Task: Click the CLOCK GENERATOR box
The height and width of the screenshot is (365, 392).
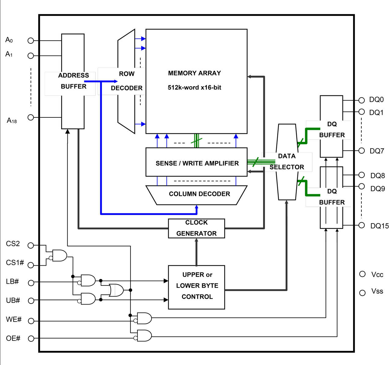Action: (196, 228)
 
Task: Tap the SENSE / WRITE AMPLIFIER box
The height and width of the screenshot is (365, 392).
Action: (196, 162)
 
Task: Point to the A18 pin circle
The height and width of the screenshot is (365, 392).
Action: (31, 117)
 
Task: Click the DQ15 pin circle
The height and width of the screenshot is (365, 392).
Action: (362, 225)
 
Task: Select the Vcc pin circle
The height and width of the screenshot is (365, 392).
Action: (362, 274)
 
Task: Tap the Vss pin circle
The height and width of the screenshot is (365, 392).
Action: (362, 293)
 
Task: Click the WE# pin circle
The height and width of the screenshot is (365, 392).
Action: (31, 321)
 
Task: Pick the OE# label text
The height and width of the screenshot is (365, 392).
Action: (13, 338)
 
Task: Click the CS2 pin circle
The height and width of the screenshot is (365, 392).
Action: (31, 245)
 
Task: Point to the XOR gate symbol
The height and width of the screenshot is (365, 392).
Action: (116, 290)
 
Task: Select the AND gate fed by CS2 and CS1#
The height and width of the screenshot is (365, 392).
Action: (60, 256)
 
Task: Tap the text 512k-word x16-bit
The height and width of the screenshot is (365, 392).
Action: (194, 87)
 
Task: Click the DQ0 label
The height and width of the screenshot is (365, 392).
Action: (376, 100)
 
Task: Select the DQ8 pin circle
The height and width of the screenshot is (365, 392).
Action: (362, 175)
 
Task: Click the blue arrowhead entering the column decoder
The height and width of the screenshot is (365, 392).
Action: (197, 208)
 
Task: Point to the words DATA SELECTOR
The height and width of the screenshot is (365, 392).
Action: (287, 162)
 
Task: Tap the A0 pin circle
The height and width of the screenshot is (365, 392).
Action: (31, 40)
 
